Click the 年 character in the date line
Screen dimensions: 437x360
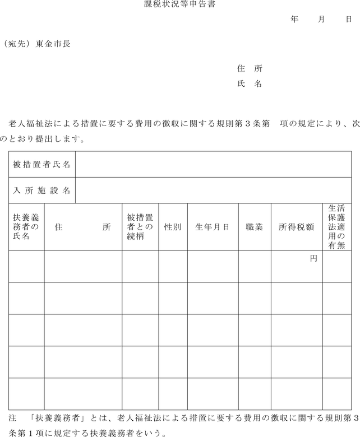tap(294, 19)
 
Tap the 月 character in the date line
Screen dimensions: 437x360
tap(321, 19)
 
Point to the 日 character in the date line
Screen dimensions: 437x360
tap(348, 19)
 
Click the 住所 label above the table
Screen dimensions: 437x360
tap(250, 69)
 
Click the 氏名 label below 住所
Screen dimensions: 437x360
tap(250, 84)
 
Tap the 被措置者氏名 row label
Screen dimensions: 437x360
tap(42, 165)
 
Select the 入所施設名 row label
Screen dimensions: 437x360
tap(42, 190)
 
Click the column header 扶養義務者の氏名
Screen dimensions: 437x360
tap(26, 227)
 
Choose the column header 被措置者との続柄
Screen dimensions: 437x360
tap(140, 227)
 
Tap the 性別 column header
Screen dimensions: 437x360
tap(172, 227)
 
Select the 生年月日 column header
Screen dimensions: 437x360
tap(212, 227)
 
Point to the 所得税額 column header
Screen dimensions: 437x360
tap(296, 227)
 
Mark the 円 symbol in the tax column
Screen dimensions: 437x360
tap(313, 259)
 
